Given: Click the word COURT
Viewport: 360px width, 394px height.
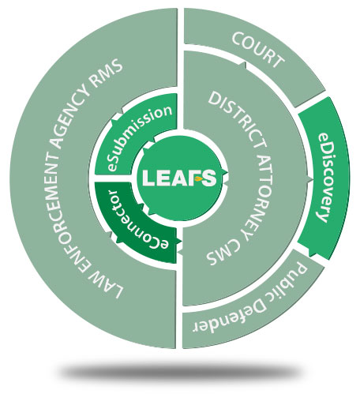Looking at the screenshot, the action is pos(258,50).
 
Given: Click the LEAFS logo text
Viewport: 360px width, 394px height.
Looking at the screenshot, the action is pos(179,178).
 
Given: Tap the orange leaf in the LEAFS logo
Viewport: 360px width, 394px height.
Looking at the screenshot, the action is pos(198,179).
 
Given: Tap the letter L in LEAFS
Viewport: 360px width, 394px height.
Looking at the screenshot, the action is pos(148,178).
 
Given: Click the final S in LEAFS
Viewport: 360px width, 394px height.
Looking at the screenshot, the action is pos(209,178).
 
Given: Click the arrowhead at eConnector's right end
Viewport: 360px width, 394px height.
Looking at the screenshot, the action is pos(179,241).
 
